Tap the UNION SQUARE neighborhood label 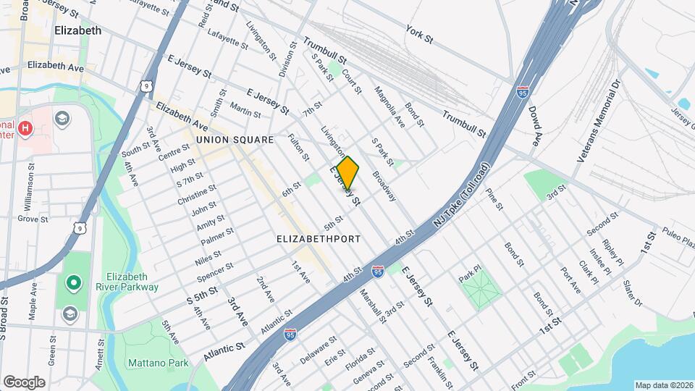point(233,139)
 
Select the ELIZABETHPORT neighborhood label point(319,237)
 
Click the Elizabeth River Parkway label point(132,282)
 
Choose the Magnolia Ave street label point(389,106)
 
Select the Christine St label point(196,195)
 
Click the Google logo point(24,382)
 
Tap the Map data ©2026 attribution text point(663,384)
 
